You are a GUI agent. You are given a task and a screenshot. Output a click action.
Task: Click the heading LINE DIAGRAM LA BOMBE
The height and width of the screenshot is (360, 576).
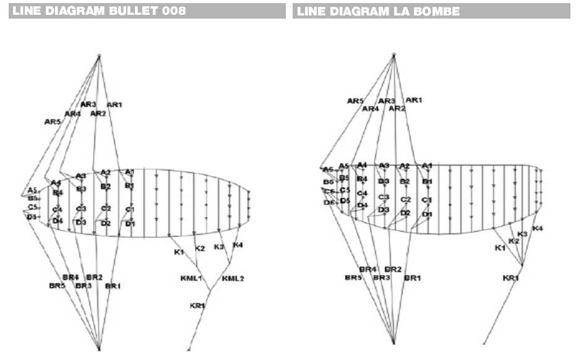(x=378, y=11)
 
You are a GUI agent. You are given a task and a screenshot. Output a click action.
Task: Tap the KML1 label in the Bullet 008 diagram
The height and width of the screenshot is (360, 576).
(x=191, y=278)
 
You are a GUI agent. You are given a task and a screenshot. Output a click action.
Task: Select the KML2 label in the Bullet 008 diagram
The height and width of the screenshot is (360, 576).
(x=233, y=278)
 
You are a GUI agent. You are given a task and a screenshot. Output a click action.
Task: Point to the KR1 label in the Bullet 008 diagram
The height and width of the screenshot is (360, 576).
(x=197, y=306)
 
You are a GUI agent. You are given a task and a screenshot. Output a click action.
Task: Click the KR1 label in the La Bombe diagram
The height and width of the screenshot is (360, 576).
(x=510, y=278)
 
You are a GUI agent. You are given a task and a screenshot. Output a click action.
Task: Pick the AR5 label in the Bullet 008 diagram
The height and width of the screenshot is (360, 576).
(x=53, y=122)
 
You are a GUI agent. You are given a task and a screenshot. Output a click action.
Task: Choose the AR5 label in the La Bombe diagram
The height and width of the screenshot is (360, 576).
(x=355, y=101)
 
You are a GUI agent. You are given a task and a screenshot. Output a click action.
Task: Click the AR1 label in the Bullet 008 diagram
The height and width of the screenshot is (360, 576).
(x=114, y=105)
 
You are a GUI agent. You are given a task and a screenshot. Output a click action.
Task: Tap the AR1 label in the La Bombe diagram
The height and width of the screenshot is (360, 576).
(x=413, y=100)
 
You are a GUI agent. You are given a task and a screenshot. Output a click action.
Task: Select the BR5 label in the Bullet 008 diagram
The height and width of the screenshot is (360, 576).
(x=57, y=286)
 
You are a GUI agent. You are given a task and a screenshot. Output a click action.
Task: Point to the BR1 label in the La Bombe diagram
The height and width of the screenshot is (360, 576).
(x=412, y=278)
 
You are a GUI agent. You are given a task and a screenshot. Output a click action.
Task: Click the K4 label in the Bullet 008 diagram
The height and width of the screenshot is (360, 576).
(x=238, y=246)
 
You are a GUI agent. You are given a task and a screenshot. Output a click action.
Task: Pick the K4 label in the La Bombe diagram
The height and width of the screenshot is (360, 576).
(x=537, y=229)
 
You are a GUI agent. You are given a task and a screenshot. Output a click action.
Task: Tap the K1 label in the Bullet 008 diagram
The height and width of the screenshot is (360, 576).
(x=179, y=252)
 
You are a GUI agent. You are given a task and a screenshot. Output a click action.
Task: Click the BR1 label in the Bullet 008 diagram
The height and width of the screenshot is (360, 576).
(x=113, y=286)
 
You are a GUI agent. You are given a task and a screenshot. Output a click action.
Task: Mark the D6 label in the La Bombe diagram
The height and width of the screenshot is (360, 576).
(x=329, y=203)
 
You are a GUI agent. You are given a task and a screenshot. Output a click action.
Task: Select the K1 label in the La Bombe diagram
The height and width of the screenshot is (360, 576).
(x=499, y=248)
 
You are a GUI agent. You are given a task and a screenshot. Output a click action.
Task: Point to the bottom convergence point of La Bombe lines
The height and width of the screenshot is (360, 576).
(x=393, y=341)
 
